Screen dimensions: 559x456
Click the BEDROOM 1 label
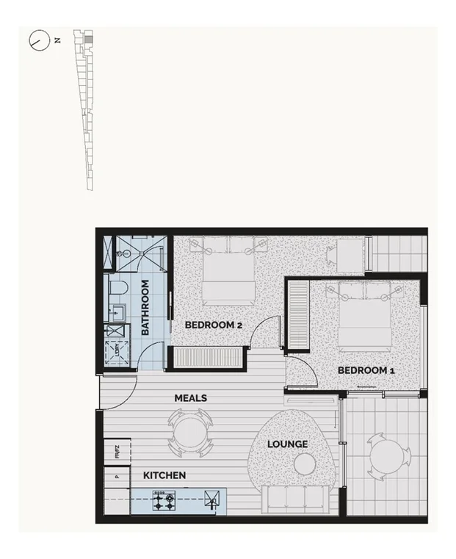click(366, 371)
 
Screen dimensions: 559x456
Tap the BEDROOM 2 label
click(213, 325)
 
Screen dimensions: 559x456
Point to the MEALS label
click(190, 398)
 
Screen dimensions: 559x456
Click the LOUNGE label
click(287, 444)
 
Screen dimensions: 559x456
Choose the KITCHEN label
click(164, 476)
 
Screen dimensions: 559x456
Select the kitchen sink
click(212, 502)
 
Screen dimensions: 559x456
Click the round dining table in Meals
click(190, 433)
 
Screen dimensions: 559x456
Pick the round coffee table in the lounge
click(304, 464)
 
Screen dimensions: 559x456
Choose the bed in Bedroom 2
click(228, 273)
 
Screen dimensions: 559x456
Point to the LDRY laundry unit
click(117, 353)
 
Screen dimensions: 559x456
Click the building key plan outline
click(87, 110)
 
